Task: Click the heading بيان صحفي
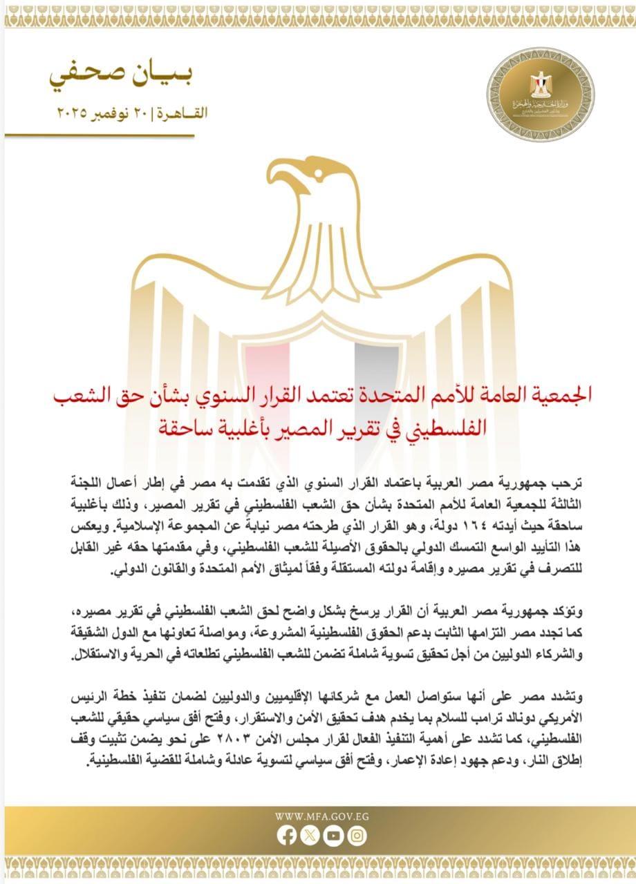click(x=129, y=78)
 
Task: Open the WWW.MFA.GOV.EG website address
click(x=322, y=816)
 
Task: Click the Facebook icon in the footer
click(x=286, y=836)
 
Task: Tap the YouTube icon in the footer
click(x=334, y=836)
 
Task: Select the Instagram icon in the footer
click(x=357, y=836)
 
